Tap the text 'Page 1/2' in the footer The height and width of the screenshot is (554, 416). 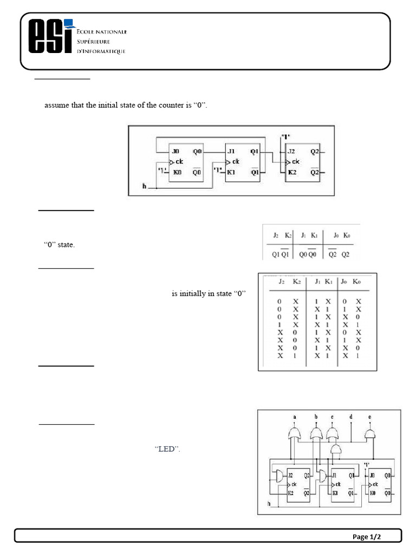[x=367, y=537]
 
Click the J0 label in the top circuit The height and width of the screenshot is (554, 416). [x=175, y=152]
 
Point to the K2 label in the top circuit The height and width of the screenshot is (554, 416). [x=291, y=172]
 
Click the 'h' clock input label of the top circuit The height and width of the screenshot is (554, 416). [x=144, y=186]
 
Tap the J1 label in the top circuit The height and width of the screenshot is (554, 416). [x=232, y=152]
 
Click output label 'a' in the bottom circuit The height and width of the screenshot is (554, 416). [x=295, y=417]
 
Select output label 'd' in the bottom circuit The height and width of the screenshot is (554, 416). [x=351, y=417]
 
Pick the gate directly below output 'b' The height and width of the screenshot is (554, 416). [x=316, y=434]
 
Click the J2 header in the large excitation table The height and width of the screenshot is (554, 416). [x=280, y=281]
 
